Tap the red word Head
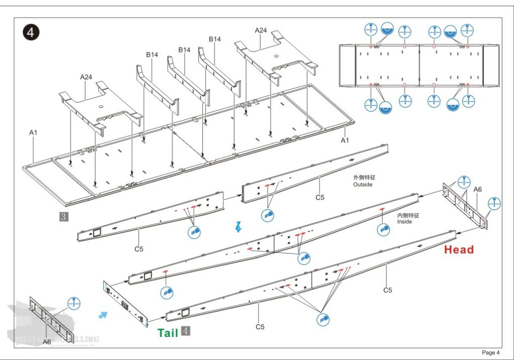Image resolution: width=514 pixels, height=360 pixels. (459, 250)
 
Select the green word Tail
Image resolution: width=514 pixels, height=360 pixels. (168, 333)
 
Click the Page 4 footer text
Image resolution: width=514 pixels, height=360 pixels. (491, 352)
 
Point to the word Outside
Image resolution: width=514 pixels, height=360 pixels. (363, 185)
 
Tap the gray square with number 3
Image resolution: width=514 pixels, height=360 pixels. (64, 217)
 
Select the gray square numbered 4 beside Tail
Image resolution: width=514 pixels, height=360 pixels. (186, 331)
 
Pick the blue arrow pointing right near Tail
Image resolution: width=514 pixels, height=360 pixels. (103, 314)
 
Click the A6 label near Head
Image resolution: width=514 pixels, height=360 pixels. (478, 189)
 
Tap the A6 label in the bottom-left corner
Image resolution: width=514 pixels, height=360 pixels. (47, 342)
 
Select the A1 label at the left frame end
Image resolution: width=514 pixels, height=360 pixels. (33, 133)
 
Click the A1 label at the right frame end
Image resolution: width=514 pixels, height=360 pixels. (345, 141)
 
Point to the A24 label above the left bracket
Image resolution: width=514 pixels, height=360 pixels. (86, 77)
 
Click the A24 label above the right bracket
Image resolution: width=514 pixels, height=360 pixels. (261, 30)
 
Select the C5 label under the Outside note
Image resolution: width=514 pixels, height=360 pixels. (320, 197)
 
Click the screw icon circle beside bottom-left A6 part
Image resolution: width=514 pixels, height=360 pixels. (74, 303)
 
